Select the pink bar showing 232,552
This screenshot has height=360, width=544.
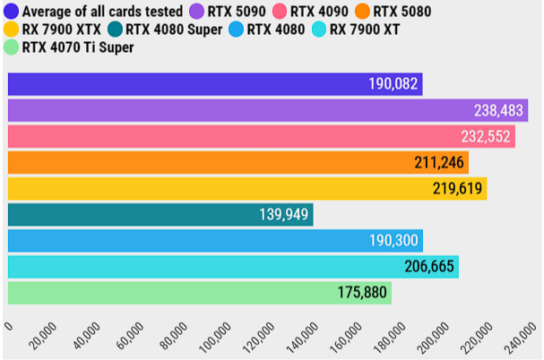[261, 136]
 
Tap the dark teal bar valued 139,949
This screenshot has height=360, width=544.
[160, 215]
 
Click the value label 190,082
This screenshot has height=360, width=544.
[393, 84]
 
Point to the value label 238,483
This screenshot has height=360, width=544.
[500, 110]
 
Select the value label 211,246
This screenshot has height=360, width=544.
[439, 163]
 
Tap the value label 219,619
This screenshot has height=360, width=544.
[457, 189]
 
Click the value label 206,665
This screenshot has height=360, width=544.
[427, 267]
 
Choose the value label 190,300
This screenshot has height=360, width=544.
[393, 241]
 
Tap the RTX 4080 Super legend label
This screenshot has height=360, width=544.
[171, 29]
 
